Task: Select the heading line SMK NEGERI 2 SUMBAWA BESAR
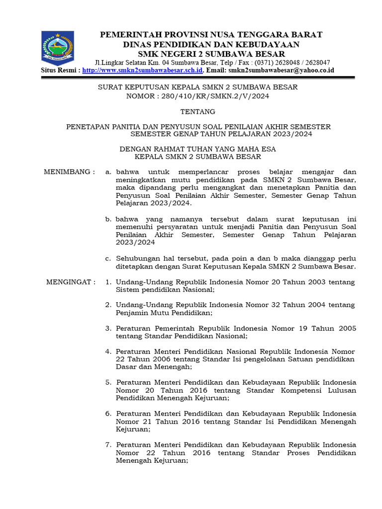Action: pos(211,54)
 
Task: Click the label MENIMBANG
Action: pos(68,172)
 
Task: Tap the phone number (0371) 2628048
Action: pos(277,63)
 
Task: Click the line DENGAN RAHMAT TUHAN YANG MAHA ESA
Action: pos(198,149)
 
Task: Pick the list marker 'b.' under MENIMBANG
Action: pos(108,219)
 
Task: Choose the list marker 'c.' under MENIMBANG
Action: pos(108,258)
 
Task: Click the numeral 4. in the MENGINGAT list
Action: pos(108,351)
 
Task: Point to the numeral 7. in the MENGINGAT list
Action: pos(108,445)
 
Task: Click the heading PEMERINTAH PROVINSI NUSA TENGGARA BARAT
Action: pos(211,34)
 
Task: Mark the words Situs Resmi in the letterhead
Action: pos(59,71)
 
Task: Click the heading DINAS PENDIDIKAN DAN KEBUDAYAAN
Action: pos(211,44)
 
